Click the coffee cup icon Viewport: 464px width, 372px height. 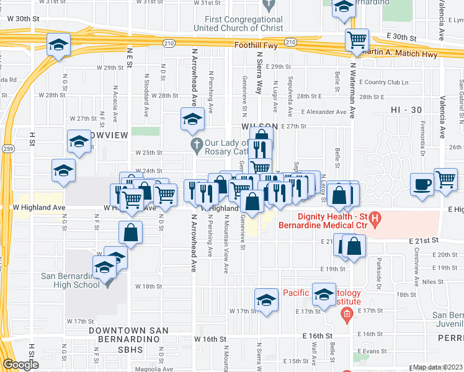click(422, 185)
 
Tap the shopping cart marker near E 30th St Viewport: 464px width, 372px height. click(357, 40)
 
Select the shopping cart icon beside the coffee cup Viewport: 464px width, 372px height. click(445, 180)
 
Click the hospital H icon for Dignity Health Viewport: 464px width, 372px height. click(375, 219)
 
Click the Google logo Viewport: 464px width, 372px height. click(20, 365)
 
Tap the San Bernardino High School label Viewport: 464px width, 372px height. click(69, 281)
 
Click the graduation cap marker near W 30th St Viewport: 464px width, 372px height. click(59, 45)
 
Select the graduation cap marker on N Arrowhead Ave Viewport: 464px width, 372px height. click(192, 118)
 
